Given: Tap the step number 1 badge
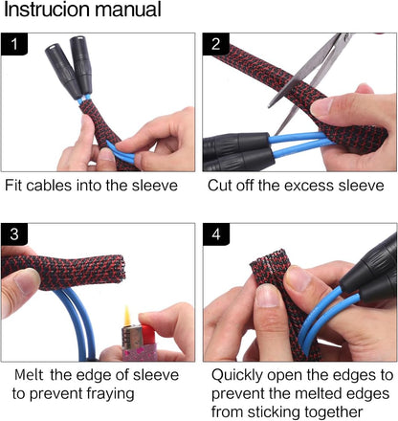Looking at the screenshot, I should coord(14,43).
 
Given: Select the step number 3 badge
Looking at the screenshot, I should coord(14,234).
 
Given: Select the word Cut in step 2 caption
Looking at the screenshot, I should coord(221,185).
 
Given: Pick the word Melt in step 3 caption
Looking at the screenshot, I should coord(31,374).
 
